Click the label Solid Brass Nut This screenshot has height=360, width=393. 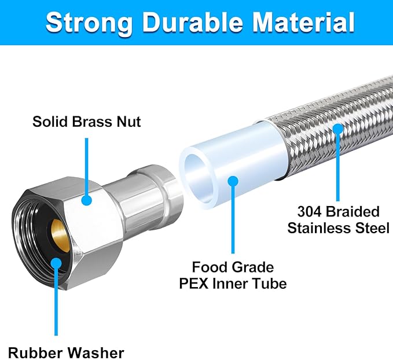(87, 122)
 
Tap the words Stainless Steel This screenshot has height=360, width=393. (339, 227)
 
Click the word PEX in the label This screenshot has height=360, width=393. (209, 284)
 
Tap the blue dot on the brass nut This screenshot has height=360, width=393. (87, 200)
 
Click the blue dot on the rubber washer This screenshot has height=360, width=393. (56, 263)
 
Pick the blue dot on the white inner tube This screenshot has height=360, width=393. (233, 181)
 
